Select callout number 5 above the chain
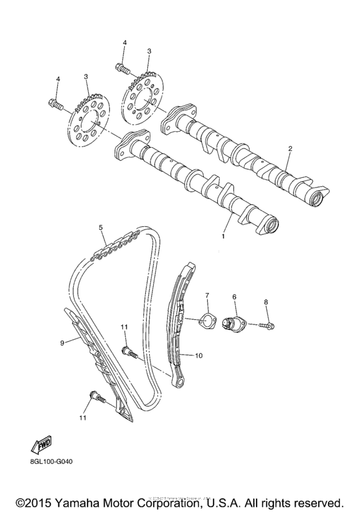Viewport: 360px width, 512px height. tap(101, 227)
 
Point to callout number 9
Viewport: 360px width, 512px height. tap(62, 343)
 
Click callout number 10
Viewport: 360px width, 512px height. tap(199, 355)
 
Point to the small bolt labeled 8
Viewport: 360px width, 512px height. tap(267, 326)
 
